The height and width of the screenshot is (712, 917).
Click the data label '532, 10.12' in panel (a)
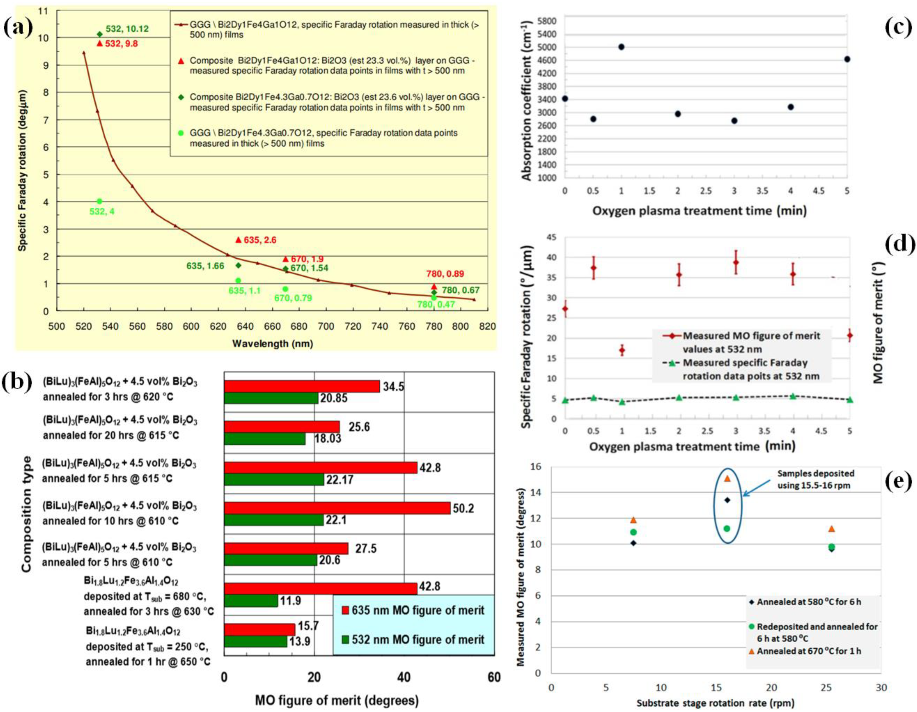tap(127, 29)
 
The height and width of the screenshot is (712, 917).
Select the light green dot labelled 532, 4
tap(99, 201)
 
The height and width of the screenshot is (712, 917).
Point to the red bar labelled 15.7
tap(259, 629)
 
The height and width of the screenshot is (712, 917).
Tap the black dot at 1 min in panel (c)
tap(622, 47)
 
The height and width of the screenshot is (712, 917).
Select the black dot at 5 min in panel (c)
tap(847, 59)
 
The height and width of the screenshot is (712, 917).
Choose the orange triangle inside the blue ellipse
tap(728, 479)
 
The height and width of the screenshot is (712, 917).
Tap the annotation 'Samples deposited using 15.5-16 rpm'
tap(815, 479)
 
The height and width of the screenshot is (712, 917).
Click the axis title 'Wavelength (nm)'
tap(273, 343)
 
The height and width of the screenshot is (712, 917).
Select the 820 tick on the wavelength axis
tap(487, 326)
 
